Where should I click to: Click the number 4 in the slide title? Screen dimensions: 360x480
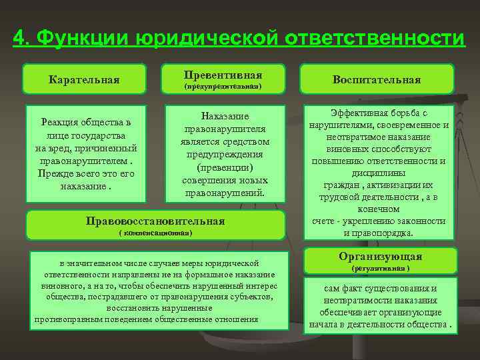coord(19,37)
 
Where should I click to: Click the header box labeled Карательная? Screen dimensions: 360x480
coord(84,80)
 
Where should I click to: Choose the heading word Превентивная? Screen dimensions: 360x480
coord(223,74)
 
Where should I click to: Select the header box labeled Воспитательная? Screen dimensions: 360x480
coord(377,80)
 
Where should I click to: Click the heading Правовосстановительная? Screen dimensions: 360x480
coord(157,221)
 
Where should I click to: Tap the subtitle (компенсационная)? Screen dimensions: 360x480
coord(155,233)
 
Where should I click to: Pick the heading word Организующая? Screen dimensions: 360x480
coord(380,257)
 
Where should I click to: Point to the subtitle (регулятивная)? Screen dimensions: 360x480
coord(380,268)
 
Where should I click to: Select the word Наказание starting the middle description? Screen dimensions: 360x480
coord(223,117)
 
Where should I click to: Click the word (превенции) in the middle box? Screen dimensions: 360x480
coord(223,167)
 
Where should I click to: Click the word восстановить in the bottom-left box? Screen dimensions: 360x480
coord(134,308)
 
